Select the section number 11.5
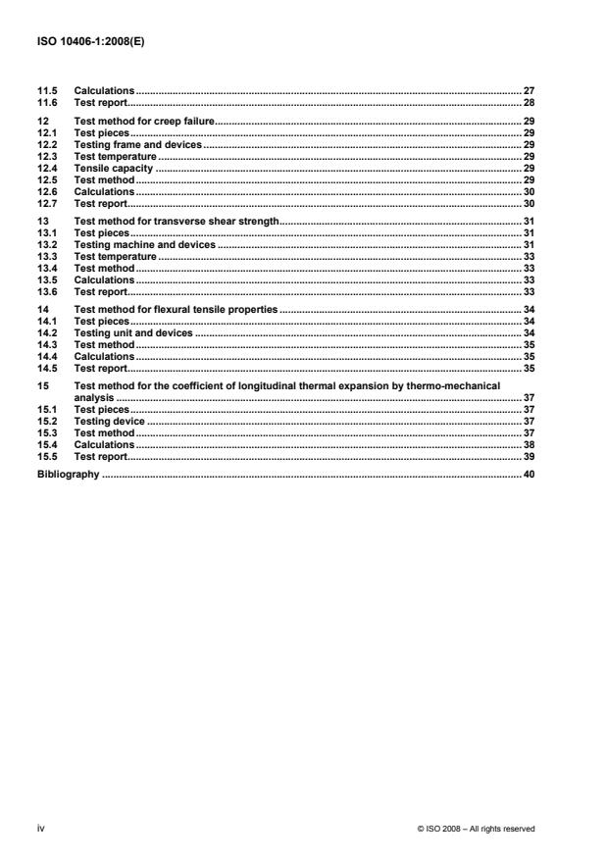click(46, 90)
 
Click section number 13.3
click(46, 256)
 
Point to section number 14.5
click(46, 368)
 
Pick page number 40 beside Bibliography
click(530, 475)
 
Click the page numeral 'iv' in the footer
click(41, 829)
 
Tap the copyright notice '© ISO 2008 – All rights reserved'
click(476, 830)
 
